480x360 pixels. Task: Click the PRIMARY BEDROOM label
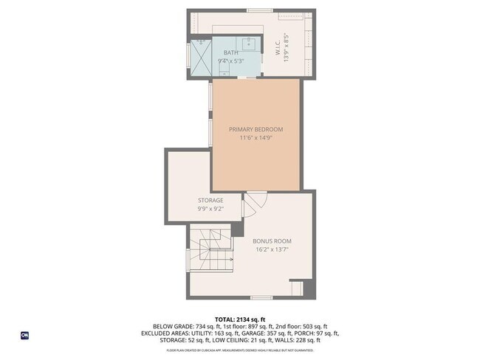click(256, 129)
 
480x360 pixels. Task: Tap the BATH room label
click(231, 53)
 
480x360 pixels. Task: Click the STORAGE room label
click(210, 200)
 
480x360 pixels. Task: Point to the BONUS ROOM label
click(272, 241)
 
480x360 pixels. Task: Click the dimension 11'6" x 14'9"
click(256, 138)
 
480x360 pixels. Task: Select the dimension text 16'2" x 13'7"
click(272, 250)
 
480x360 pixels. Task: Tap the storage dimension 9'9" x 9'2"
click(210, 209)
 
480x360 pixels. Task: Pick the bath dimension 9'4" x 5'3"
click(232, 61)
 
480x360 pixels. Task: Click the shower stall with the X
click(201, 57)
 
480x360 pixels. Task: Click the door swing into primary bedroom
click(255, 200)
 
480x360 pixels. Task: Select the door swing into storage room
click(248, 211)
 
